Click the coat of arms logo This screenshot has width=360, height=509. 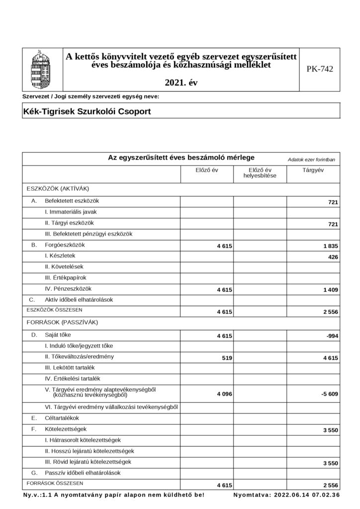[x=40, y=69]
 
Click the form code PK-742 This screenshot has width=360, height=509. [x=320, y=69]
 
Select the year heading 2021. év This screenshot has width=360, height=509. [x=180, y=83]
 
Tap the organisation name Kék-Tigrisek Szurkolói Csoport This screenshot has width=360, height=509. [x=87, y=111]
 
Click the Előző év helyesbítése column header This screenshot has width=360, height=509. [x=260, y=172]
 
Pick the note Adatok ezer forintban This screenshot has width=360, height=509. [x=311, y=160]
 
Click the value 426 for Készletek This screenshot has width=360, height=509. [x=333, y=257]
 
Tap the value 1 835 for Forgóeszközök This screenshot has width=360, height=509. [x=329, y=247]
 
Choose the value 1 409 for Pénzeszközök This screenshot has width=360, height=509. [x=329, y=290]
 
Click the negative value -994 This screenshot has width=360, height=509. [x=331, y=337]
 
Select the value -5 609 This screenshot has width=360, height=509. [x=329, y=394]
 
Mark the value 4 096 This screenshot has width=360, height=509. [x=224, y=394]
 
